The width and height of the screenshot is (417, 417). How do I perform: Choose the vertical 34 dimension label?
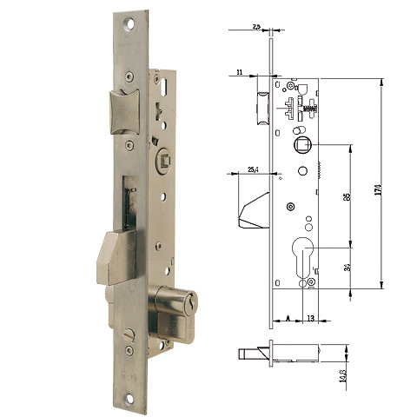[x=346, y=267]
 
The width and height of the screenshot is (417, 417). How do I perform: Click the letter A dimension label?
[x=287, y=319]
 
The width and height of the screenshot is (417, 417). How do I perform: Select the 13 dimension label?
[x=310, y=319]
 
